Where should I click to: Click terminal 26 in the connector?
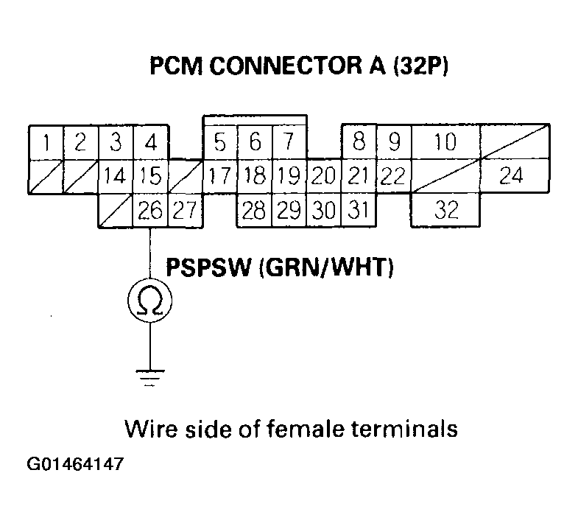click(150, 211)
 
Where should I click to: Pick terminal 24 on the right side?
click(514, 176)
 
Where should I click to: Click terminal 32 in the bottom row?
click(446, 211)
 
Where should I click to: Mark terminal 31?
click(358, 211)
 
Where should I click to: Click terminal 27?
click(184, 211)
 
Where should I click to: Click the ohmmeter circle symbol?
click(150, 299)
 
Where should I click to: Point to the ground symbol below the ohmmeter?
click(150, 376)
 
